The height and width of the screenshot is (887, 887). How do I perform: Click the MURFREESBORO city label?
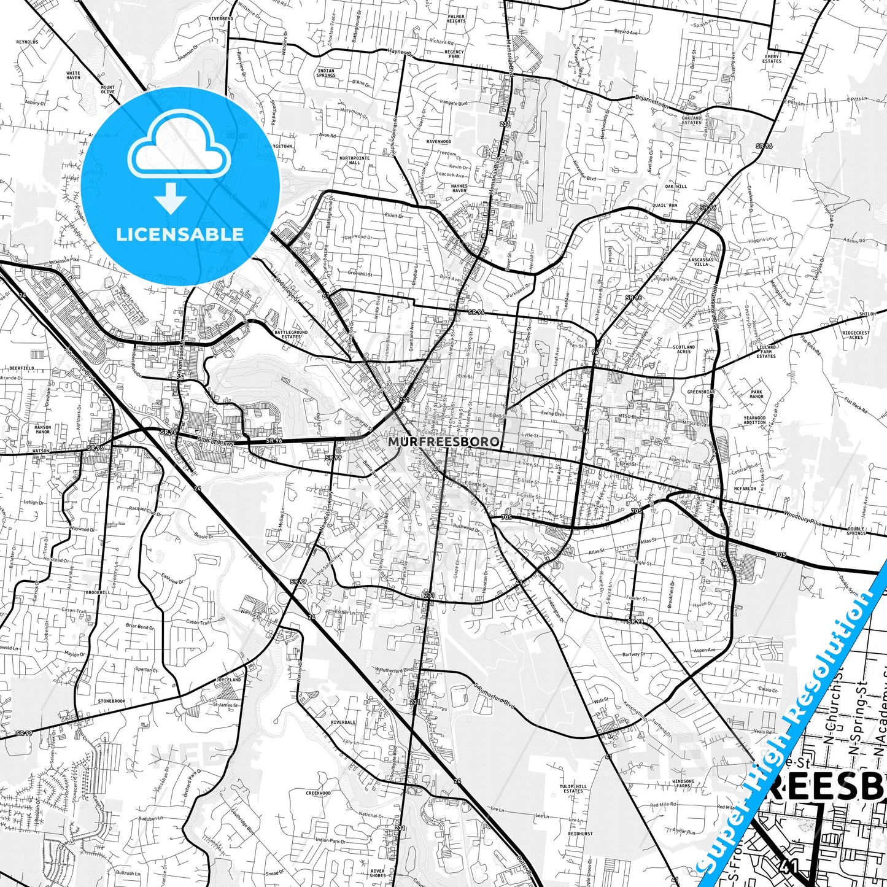pyautogui.click(x=443, y=441)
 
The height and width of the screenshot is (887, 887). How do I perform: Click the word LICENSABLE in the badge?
pyautogui.click(x=180, y=234)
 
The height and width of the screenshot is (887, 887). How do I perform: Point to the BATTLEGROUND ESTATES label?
pyautogui.click(x=291, y=335)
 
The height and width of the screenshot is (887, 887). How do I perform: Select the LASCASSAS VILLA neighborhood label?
pyautogui.click(x=701, y=261)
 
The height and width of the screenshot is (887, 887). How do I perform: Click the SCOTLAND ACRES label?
pyautogui.click(x=684, y=349)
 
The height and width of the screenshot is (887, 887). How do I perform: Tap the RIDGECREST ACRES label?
pyautogui.click(x=856, y=335)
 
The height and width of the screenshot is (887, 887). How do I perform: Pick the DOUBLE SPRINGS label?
pyautogui.click(x=856, y=531)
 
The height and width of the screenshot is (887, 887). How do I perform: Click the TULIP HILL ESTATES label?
pyautogui.click(x=573, y=789)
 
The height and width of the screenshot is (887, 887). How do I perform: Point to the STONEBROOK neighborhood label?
pyautogui.click(x=111, y=701)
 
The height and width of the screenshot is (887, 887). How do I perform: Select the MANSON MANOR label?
pyautogui.click(x=43, y=430)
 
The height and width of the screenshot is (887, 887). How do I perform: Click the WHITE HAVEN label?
pyautogui.click(x=73, y=76)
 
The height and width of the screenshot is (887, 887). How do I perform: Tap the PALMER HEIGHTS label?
pyautogui.click(x=456, y=18)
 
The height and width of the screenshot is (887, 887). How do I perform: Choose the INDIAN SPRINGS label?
pyautogui.click(x=326, y=73)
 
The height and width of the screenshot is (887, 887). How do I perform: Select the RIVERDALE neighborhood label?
pyautogui.click(x=343, y=722)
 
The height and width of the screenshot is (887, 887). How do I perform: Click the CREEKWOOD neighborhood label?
pyautogui.click(x=318, y=793)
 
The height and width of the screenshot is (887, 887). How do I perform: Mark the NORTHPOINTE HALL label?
pyautogui.click(x=355, y=160)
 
